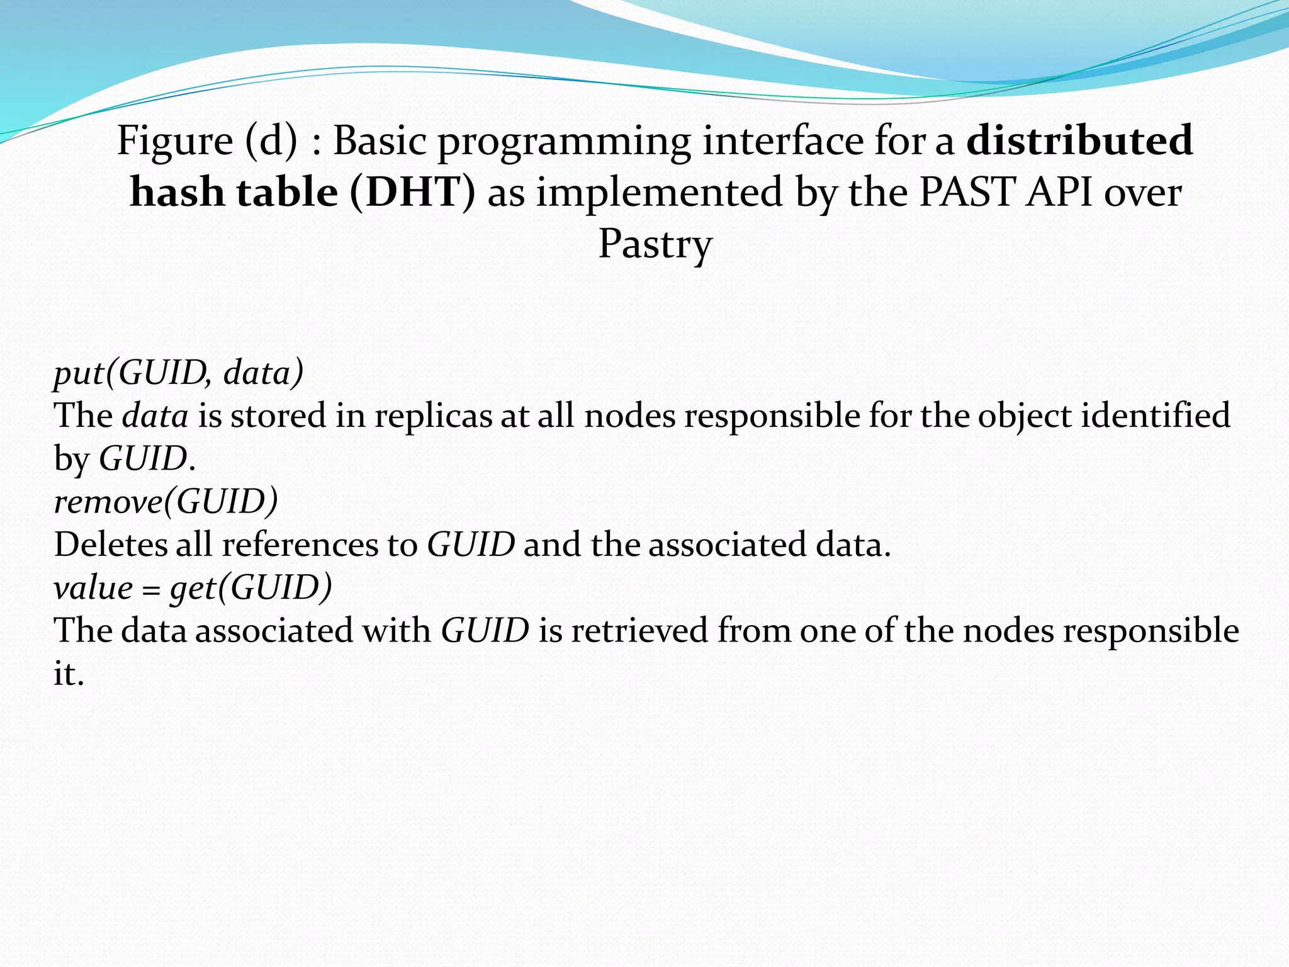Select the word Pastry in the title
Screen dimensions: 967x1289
[655, 244]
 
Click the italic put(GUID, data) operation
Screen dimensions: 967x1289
[179, 373]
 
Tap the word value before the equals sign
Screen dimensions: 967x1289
[93, 588]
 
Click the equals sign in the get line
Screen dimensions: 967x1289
[151, 589]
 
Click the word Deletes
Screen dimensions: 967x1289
[110, 545]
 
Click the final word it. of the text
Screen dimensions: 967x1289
[68, 674]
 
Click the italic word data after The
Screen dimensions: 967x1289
[155, 416]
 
